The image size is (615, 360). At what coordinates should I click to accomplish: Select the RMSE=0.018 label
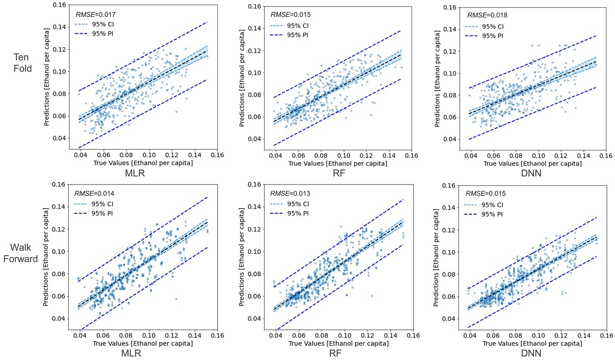[487, 15]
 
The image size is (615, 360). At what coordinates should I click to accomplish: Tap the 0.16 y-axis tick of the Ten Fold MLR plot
[61, 5]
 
